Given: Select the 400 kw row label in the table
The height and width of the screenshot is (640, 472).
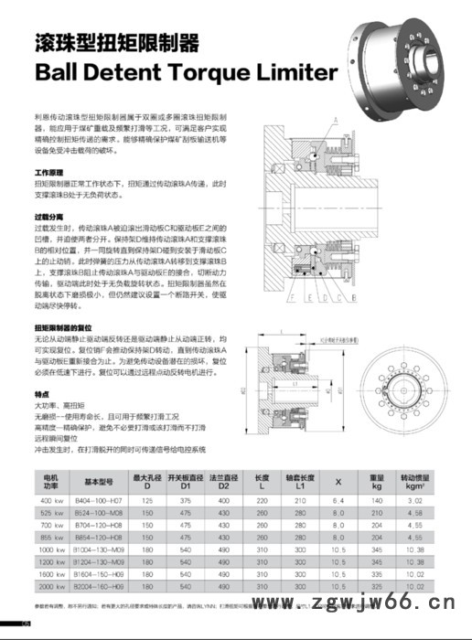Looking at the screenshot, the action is coord(51,502).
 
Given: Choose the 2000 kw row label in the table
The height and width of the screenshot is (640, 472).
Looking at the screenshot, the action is coord(51,585).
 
